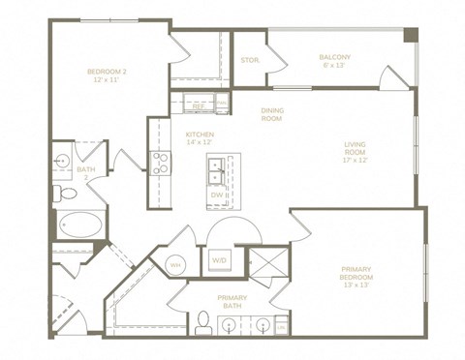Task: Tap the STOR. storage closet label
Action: (x=249, y=60)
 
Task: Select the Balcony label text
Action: (x=335, y=61)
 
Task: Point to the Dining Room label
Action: (x=272, y=114)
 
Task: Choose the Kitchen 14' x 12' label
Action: (x=200, y=137)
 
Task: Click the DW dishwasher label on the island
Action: (x=216, y=195)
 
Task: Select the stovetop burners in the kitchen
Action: (x=160, y=164)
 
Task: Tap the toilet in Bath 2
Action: (x=68, y=195)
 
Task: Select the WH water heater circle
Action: (x=176, y=263)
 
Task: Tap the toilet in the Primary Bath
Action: (x=203, y=321)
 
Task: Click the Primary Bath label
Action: (x=232, y=301)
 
